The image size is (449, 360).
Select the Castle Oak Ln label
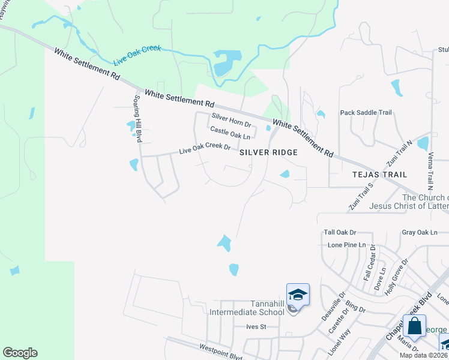[229, 133]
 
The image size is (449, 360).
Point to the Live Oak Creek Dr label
[205, 148]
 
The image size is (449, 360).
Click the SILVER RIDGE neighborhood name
[269, 153]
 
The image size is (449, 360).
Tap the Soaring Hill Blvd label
[138, 118]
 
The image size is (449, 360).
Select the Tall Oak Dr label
[340, 232]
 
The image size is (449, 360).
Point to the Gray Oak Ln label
[420, 232]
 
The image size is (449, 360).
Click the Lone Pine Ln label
[346, 245]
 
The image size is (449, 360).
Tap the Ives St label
[256, 327]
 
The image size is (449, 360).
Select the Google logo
[20, 353]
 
